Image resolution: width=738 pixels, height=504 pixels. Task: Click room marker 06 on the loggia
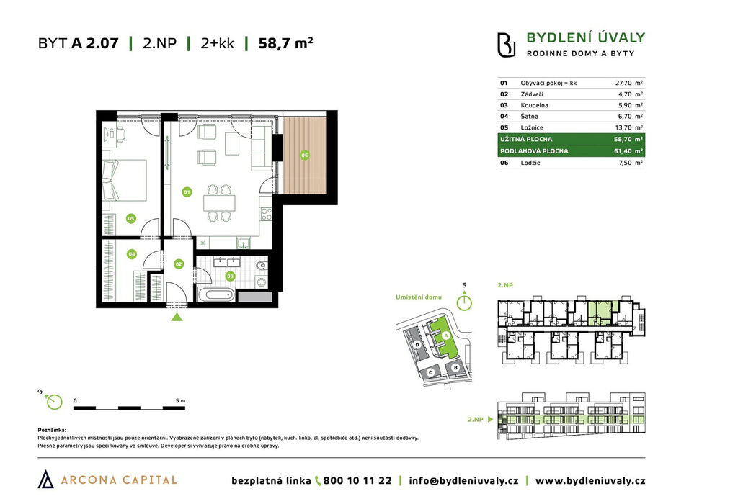point(305,155)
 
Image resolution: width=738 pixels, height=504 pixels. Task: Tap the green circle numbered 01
point(187,192)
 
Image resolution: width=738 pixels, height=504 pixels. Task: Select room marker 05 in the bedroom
point(131,218)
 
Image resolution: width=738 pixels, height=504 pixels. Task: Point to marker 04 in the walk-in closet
point(131,254)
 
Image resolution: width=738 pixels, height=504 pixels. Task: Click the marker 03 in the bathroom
point(230,276)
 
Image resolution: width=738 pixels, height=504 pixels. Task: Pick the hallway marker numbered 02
point(179,264)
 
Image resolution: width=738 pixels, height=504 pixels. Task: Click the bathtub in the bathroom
point(215,295)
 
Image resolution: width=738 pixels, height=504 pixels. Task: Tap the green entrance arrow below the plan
point(177,317)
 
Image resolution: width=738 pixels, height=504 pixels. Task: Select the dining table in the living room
point(219,203)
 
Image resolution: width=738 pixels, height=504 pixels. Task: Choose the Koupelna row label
point(534,105)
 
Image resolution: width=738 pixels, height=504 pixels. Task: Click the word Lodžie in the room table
point(530,163)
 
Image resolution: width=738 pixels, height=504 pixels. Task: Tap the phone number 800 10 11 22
point(357,480)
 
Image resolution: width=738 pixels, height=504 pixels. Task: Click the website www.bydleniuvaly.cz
point(590,480)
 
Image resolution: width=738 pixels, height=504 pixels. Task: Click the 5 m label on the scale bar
point(180,400)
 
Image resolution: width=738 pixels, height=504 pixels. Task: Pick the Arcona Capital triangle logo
point(45,479)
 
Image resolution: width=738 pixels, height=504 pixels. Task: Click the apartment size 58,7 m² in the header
point(285,43)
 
